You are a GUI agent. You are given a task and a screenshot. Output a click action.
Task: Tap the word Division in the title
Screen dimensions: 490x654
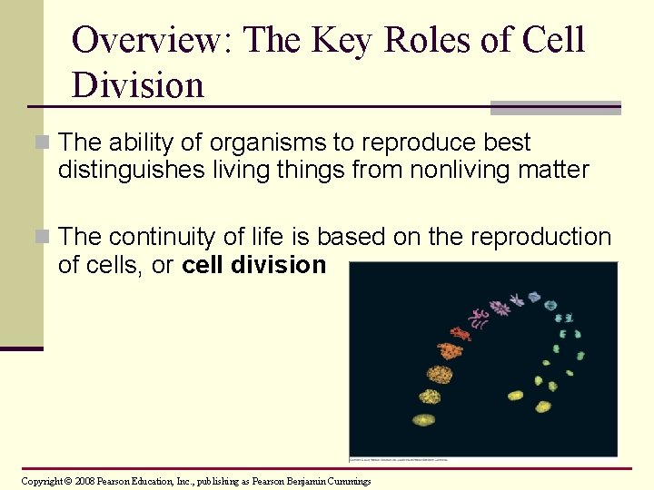point(138,85)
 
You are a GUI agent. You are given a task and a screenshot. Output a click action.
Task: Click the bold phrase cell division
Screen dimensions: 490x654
point(254,265)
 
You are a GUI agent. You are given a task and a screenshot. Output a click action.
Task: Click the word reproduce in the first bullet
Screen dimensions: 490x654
point(426,142)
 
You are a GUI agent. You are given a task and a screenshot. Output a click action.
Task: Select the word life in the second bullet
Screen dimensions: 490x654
point(265,237)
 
